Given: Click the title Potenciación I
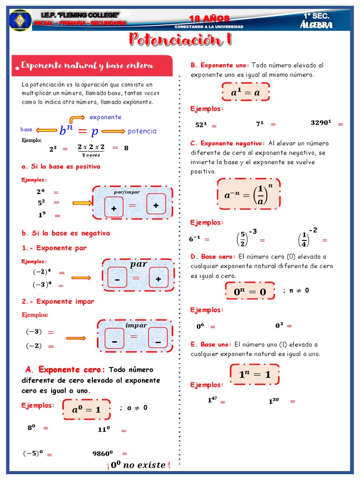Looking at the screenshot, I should (180, 40).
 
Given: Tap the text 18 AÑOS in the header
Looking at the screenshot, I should (209, 18).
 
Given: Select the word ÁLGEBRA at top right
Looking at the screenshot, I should (316, 25).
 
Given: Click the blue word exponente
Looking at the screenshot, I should (105, 117).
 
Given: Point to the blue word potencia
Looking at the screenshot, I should (142, 131).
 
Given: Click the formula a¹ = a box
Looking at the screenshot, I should (245, 92).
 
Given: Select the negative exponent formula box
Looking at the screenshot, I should (248, 194).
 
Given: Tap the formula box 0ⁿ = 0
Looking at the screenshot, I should (250, 292).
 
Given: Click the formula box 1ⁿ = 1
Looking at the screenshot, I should (255, 374).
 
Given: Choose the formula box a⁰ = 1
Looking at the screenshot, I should (86, 409).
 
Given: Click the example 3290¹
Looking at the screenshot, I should (321, 123).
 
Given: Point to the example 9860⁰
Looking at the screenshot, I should (103, 453).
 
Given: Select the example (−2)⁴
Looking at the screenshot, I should (42, 272).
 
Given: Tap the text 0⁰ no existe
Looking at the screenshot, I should (138, 465).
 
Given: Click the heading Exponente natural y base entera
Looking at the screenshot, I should (87, 66).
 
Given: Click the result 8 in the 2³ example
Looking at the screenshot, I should (126, 148).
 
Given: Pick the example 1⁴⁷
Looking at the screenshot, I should (212, 400).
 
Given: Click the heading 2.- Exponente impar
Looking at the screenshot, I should (58, 301).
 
